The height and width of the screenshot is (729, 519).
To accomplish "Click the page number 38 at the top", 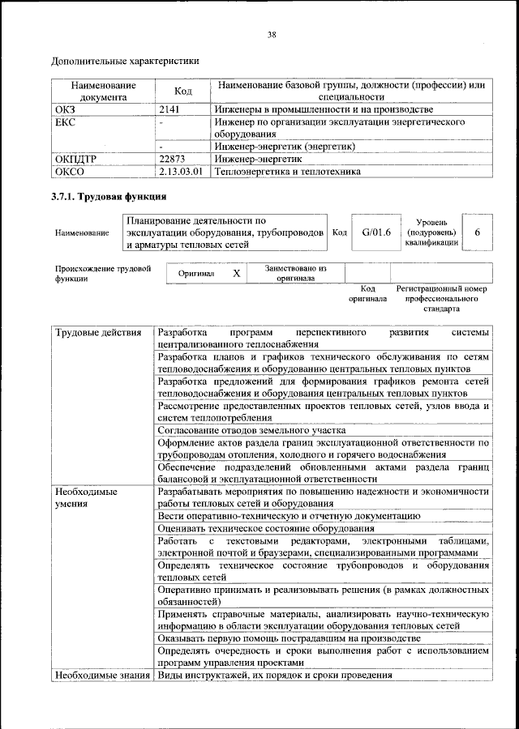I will pos(272,34).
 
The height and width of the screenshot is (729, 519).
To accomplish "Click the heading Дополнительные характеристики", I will pos(125,61).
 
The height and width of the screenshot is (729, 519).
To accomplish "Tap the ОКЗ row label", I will pos(64,109).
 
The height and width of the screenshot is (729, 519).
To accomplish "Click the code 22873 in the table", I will pos(174,160).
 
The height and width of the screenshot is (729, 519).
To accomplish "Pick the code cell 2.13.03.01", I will pos(180,172).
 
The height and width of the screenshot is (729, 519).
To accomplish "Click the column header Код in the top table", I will pos(183,91).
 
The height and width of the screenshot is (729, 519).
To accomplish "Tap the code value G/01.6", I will pos(376,232).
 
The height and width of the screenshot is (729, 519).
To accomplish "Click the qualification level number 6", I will pos(478,232).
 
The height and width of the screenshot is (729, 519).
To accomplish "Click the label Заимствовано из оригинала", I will pos(295,273).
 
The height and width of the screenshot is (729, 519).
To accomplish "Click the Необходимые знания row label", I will pos(101,675).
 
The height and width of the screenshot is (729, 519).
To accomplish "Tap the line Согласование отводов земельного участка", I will pos(251,430).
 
